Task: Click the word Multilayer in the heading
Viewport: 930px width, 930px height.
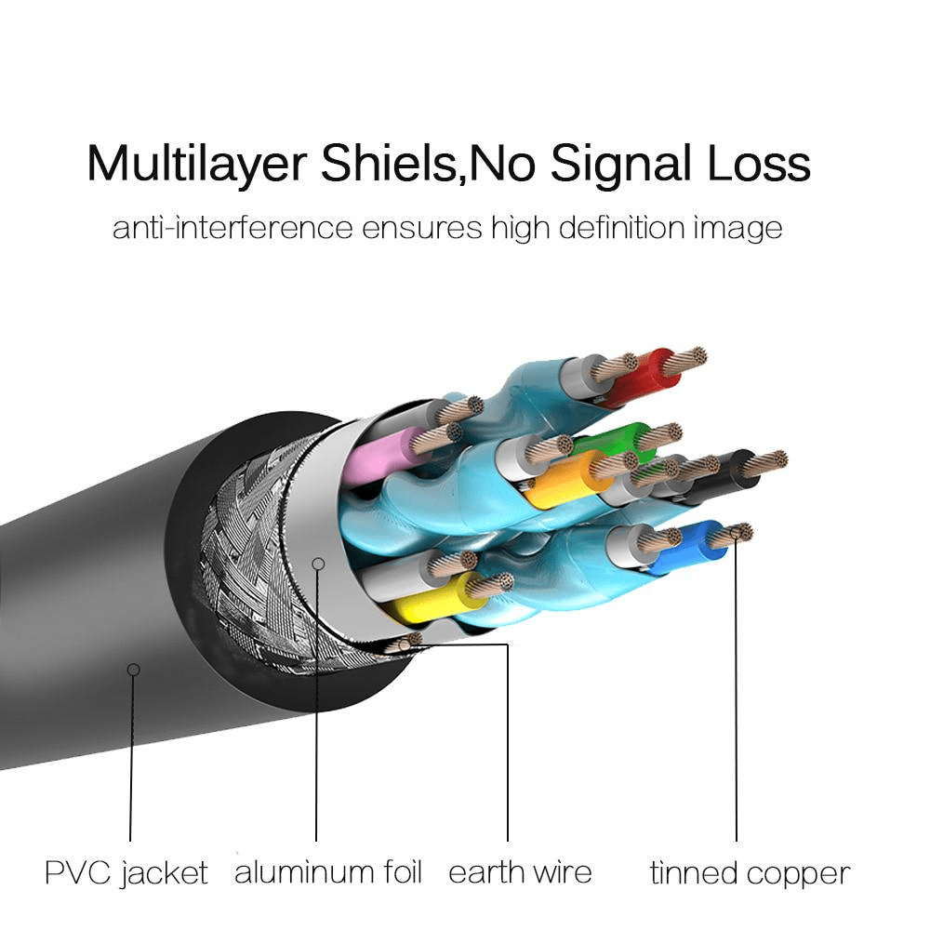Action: click(x=196, y=164)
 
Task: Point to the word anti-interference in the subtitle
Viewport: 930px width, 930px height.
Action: click(x=232, y=228)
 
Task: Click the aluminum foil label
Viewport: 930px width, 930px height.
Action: click(x=327, y=873)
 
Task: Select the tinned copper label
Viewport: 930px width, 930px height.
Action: click(x=749, y=873)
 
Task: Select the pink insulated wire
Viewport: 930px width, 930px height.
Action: click(x=377, y=456)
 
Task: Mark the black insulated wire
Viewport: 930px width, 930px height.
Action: click(x=735, y=470)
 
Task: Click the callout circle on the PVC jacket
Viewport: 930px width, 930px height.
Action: click(x=134, y=669)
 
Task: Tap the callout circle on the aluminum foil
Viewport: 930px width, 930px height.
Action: click(x=318, y=563)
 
